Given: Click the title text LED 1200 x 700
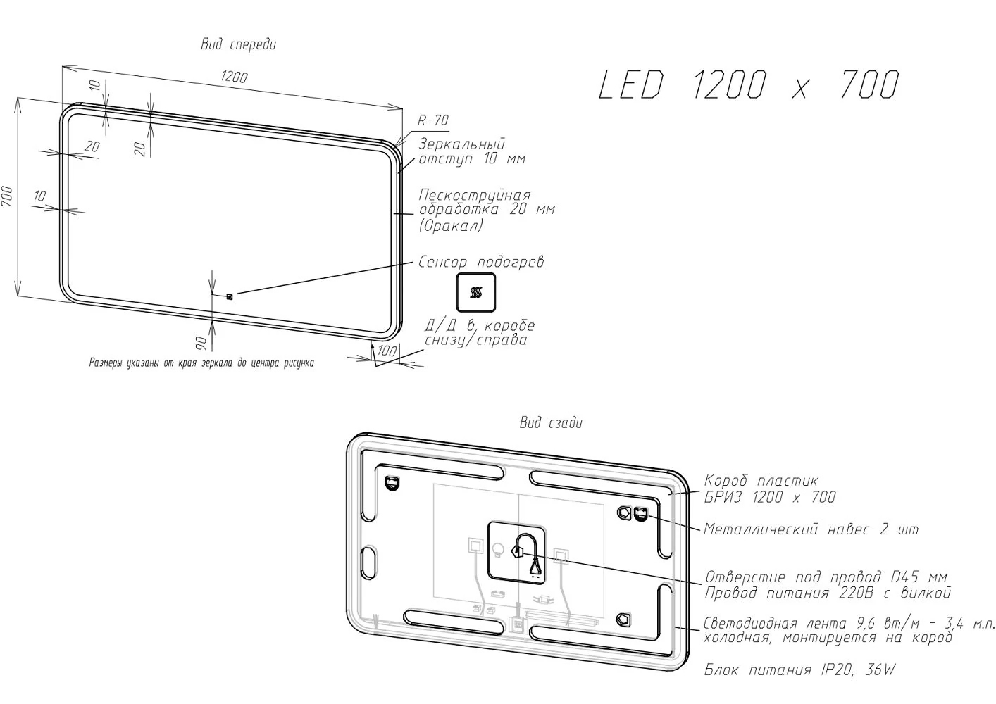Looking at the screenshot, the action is (749, 84).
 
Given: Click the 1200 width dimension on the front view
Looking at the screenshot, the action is (234, 77).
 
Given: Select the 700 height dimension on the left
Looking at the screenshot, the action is (7, 196).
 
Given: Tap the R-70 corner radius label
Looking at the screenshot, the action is (433, 120).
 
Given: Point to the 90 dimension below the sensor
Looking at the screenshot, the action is (201, 343).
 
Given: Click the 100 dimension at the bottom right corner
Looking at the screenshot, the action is (387, 351).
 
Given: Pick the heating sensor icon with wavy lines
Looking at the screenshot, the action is (475, 292).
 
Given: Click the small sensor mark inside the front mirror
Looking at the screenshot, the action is (230, 296).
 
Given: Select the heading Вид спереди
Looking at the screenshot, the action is (238, 44).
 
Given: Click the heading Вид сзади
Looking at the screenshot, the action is (551, 422).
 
